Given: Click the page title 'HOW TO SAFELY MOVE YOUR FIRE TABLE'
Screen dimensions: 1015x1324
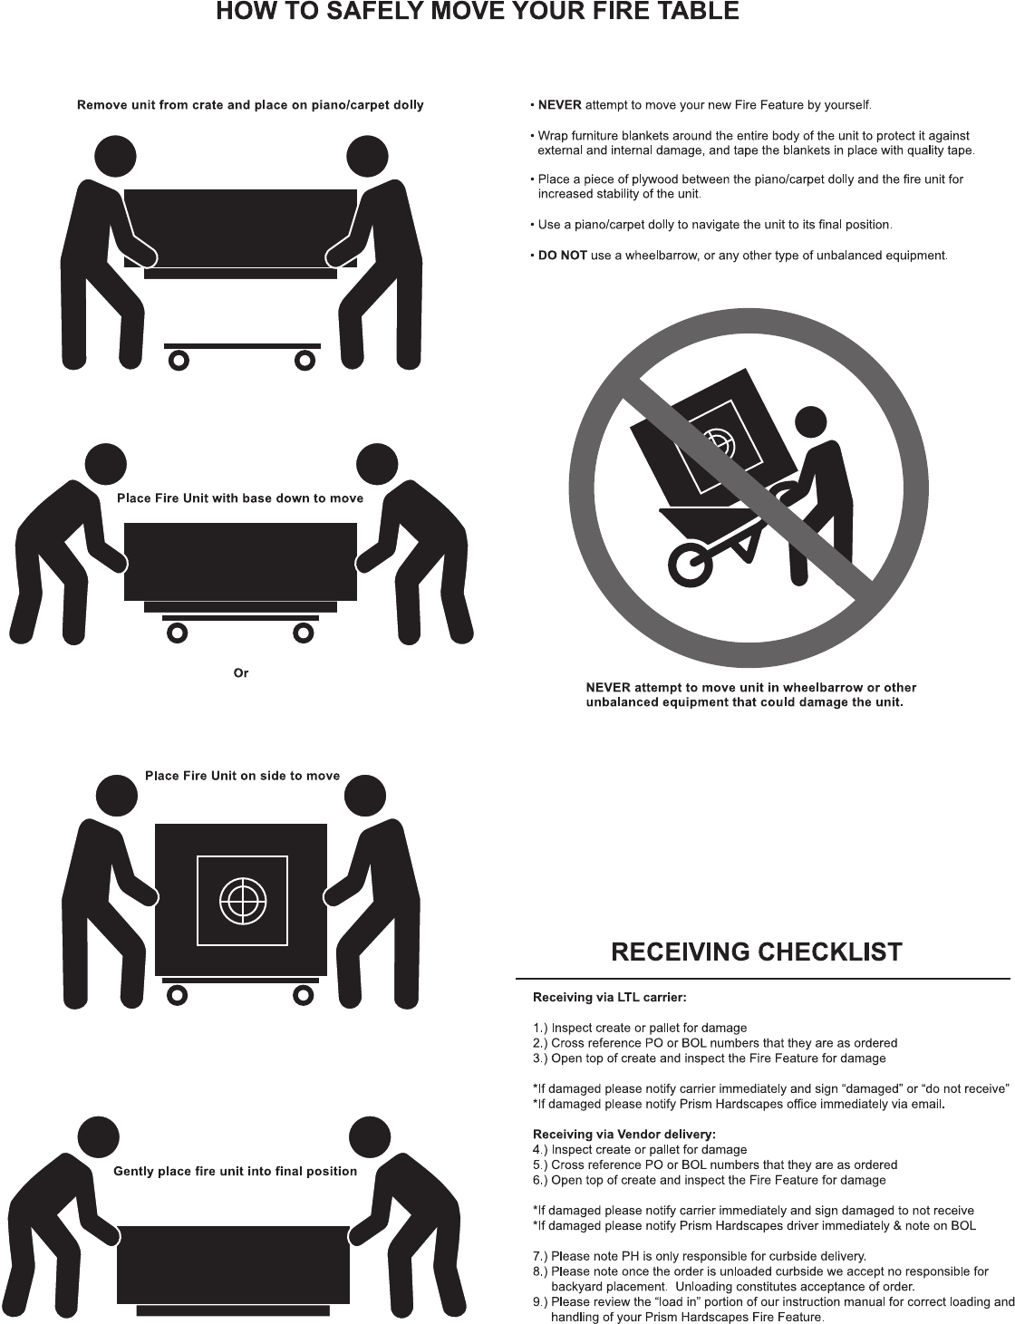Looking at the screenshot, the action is coord(478,13).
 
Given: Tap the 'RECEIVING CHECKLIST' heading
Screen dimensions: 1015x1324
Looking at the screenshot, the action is coord(757,952).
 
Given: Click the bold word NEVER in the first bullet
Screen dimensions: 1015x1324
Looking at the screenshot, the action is coord(559,105).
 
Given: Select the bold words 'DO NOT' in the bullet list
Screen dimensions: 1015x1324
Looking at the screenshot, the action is coord(562,256).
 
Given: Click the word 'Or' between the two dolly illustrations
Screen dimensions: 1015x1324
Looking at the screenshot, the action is coord(241,673).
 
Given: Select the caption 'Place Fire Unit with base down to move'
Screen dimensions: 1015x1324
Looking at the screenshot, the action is coord(240,498).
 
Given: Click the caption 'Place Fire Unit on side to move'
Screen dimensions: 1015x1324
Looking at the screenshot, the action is coord(243,776).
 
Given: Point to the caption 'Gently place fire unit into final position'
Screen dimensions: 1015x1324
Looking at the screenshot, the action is coord(235,1172).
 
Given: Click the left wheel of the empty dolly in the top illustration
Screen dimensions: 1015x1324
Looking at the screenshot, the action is coord(179,361).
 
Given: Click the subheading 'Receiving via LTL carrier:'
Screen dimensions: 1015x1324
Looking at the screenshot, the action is coord(609,998).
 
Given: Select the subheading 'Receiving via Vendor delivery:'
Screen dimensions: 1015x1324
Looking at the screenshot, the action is coord(623,1135).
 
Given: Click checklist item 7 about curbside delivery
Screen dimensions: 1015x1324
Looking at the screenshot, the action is coord(700,1256).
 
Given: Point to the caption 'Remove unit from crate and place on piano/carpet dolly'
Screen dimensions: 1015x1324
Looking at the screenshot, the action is coord(250,105).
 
